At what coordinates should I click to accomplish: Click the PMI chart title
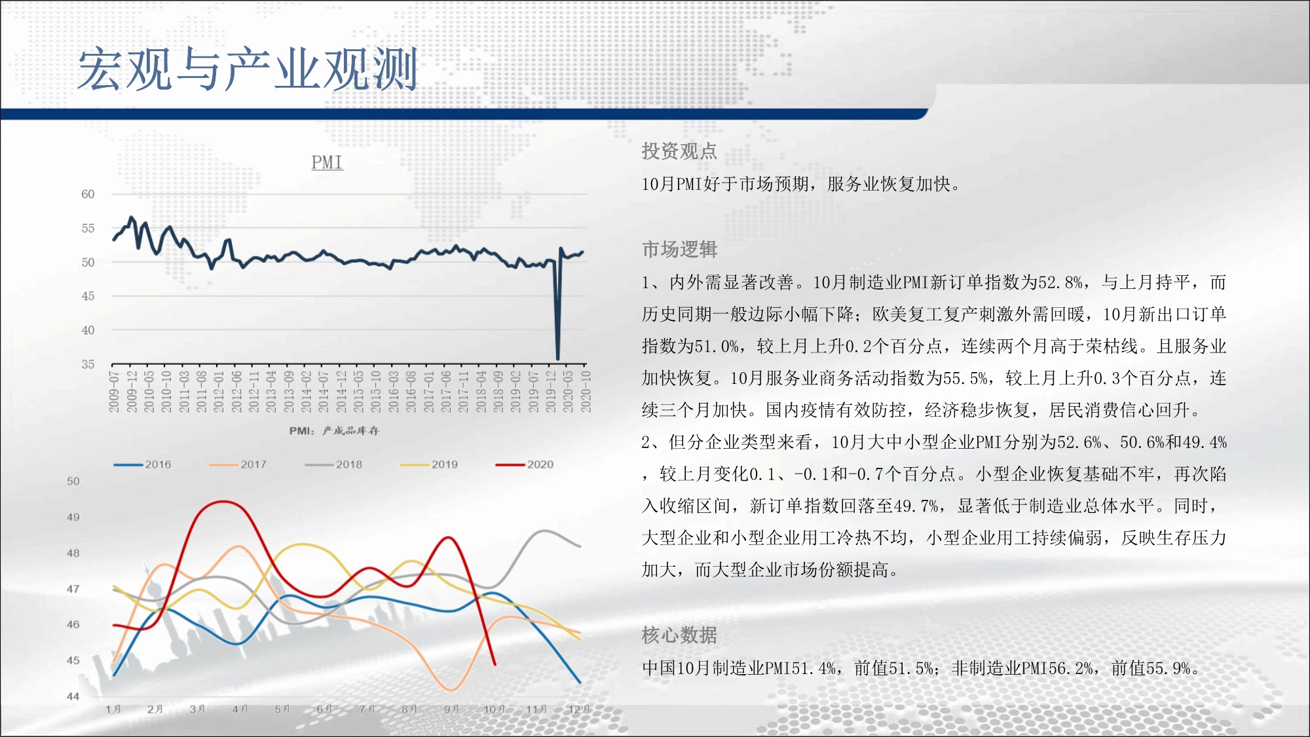coord(327,162)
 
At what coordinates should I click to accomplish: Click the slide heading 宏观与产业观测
coord(248,69)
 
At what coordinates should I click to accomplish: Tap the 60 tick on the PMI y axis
coord(88,194)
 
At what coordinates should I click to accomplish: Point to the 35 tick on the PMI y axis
coord(88,364)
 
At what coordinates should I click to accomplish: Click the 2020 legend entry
coord(525,464)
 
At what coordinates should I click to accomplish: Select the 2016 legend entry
coord(142,464)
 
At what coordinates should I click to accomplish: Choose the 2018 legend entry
coord(333,464)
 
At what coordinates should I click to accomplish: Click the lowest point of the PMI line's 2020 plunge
coord(558,358)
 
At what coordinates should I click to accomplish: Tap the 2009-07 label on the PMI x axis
coord(114,392)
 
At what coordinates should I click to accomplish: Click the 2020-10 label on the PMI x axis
coord(586,392)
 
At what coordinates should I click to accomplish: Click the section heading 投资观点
coord(679,151)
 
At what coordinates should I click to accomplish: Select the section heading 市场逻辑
coord(679,250)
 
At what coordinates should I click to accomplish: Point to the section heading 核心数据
coord(679,635)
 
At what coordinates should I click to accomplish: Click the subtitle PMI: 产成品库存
coord(334,430)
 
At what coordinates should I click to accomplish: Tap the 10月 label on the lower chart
coord(494,709)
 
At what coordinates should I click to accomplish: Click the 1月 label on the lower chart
coord(113,709)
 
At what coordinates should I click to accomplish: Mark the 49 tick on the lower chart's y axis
coord(73,517)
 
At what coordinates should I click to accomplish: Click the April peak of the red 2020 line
coord(224,502)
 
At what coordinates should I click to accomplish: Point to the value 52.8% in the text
coord(1060,282)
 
